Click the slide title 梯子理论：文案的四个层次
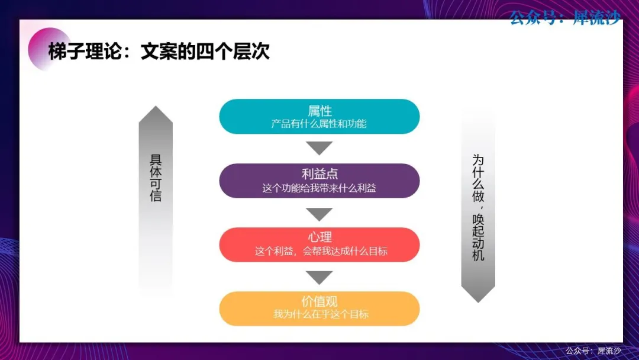coord(159,52)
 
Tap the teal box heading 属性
coord(319,111)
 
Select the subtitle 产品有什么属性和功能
coord(319,124)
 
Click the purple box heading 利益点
coord(319,174)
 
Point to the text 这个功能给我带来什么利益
coord(319,188)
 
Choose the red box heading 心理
coord(319,237)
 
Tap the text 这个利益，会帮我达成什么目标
coord(321,251)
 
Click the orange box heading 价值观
coord(319,302)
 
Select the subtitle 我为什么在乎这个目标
coord(321,314)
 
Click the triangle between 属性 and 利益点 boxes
coord(319,147)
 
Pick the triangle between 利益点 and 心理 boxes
coord(319,214)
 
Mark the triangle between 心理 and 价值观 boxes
coord(319,277)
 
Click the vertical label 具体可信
coord(156,178)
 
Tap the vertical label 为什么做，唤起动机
coord(478,207)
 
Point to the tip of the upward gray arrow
coord(156,106)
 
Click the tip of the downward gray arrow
coord(478,303)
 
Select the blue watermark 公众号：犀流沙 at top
coord(566,18)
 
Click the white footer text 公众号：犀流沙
coord(593,351)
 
